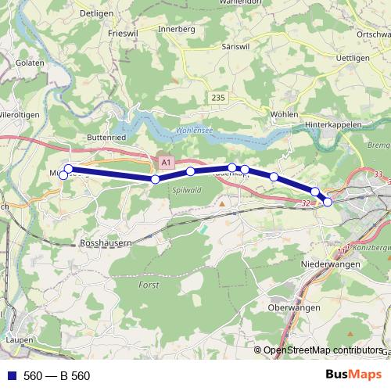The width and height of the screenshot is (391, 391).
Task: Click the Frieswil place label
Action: click(123, 33)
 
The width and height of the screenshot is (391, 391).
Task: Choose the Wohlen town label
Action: click(286, 114)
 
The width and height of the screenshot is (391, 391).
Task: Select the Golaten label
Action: click(29, 62)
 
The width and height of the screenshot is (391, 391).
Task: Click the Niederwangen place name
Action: click(330, 264)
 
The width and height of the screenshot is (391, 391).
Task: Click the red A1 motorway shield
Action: click(165, 162)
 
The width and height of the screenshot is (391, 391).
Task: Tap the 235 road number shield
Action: click(218, 96)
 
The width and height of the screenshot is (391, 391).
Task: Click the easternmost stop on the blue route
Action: click(328, 202)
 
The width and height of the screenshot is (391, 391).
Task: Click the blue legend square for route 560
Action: click(11, 375)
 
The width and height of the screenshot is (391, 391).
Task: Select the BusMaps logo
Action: click(353, 375)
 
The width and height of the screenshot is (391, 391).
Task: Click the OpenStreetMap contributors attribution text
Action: click(323, 350)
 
